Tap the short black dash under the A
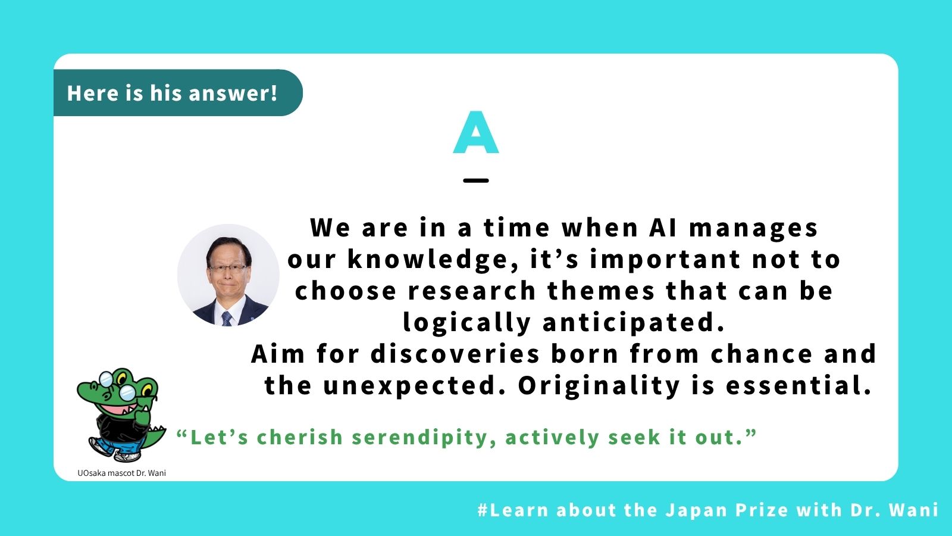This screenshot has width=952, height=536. coord(476,180)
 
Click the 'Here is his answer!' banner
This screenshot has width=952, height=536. coord(178,93)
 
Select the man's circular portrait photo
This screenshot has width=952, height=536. coord(228,275)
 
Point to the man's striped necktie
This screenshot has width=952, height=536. coord(227,318)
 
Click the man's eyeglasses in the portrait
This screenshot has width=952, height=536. coord(228,268)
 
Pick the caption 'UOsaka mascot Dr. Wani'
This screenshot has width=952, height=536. coord(121,473)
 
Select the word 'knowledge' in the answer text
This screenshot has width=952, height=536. coord(433,259)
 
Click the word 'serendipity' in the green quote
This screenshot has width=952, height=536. coord(424,438)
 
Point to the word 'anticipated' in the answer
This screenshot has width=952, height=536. coord(633,322)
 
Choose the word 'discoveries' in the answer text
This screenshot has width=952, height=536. coord(455,354)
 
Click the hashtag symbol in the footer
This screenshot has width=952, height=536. coord(483,510)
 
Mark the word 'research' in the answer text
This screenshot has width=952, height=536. coord(472,291)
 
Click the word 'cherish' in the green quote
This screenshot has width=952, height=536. coord(300,437)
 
